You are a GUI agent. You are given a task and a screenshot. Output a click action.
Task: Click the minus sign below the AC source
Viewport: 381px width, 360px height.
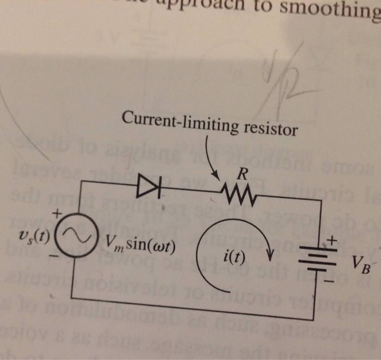pyautogui.click(x=53, y=254)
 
